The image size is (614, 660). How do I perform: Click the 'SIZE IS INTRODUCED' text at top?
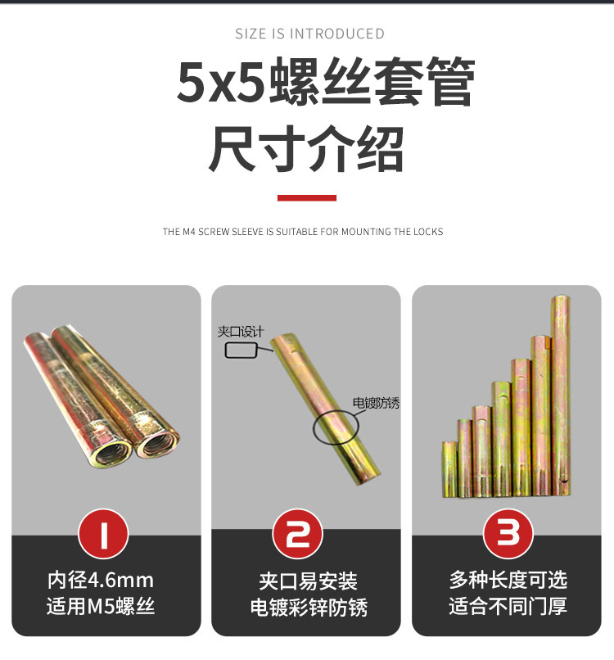pyautogui.click(x=309, y=34)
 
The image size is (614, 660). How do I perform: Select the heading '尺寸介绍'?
pyautogui.click(x=307, y=149)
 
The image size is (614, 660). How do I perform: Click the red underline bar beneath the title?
pyautogui.click(x=307, y=197)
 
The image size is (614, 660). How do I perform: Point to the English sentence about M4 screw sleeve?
pyautogui.click(x=303, y=232)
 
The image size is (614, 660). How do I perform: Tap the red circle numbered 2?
pyautogui.click(x=306, y=535)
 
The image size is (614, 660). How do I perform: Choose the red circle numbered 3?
pyautogui.click(x=508, y=535)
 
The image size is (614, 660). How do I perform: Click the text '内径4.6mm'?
pyautogui.click(x=101, y=581)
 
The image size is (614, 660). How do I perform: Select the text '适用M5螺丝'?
pyautogui.click(x=101, y=607)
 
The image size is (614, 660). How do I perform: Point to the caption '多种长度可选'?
pyautogui.click(x=508, y=581)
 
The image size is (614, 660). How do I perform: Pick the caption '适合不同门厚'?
pyautogui.click(x=508, y=607)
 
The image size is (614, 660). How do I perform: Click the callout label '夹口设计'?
pyautogui.click(x=241, y=332)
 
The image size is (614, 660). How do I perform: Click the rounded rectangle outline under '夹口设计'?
pyautogui.click(x=241, y=350)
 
